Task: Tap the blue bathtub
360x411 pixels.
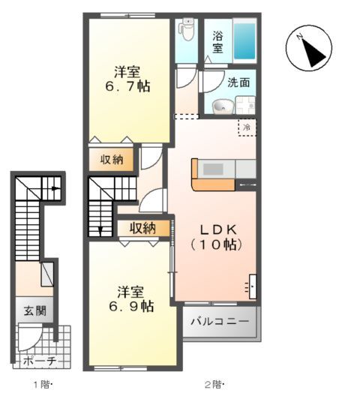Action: coord(244,41)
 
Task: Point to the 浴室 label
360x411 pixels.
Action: coord(217,42)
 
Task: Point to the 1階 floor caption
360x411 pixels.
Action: coord(41,385)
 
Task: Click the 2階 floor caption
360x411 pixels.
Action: coord(213,385)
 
